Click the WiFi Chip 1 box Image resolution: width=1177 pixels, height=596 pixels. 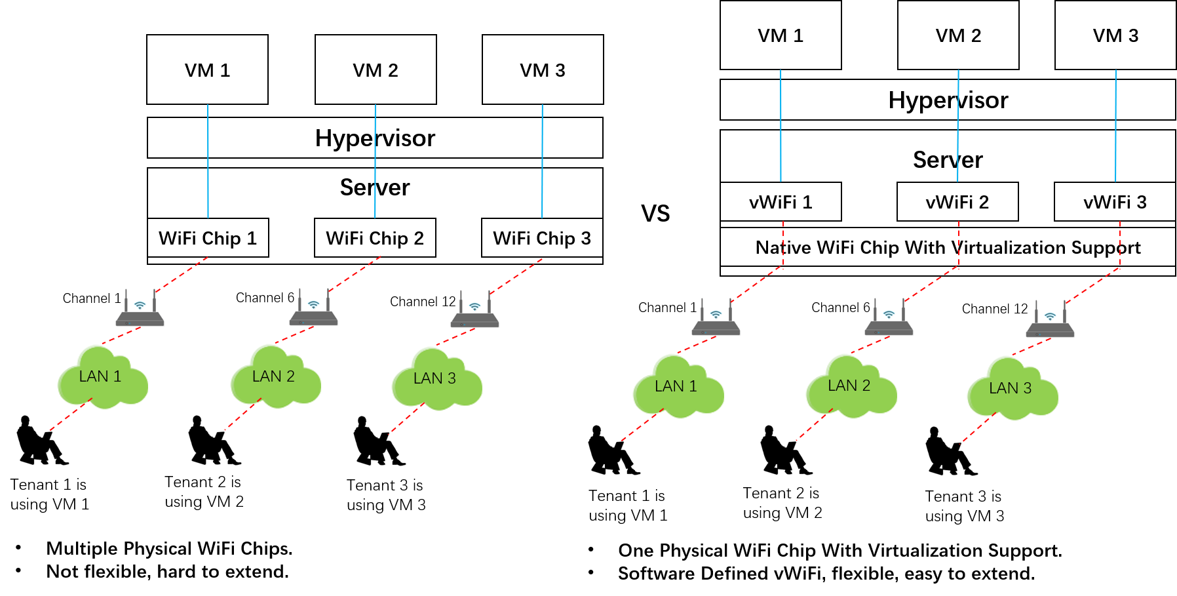[x=208, y=238]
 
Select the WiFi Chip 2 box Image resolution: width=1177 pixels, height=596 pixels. [x=375, y=238]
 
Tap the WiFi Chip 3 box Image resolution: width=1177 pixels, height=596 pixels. [x=542, y=238]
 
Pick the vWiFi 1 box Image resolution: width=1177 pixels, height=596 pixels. [x=781, y=202]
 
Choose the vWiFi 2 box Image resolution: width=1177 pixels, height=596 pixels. [x=957, y=202]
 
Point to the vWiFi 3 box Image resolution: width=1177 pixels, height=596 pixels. [x=1115, y=202]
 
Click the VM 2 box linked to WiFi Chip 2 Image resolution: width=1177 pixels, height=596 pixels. [x=376, y=70]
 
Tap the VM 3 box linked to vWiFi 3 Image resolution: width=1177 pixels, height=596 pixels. [x=1115, y=35]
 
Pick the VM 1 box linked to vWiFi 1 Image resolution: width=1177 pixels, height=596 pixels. [x=781, y=35]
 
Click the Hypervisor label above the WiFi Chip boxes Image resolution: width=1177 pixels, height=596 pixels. [x=375, y=138]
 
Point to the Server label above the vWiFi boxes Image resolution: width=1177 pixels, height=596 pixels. [x=948, y=160]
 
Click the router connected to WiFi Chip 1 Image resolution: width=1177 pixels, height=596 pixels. [x=140, y=308]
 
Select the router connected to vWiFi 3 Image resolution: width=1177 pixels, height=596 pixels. [x=1050, y=319]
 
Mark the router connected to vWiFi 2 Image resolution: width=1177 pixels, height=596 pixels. [x=889, y=317]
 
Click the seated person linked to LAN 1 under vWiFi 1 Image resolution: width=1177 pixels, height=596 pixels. [x=614, y=450]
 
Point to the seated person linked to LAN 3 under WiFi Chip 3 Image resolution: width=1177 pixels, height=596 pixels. [x=379, y=441]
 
